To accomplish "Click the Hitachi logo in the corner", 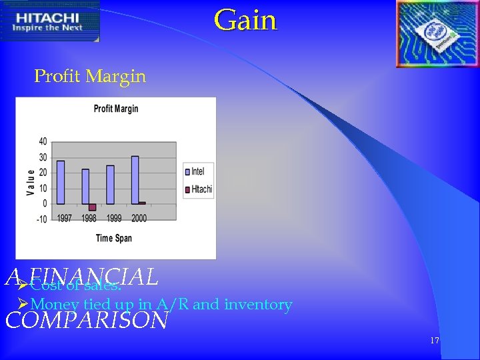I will click(x=50, y=21).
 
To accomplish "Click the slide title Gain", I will click(x=245, y=19).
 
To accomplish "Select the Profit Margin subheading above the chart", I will click(x=90, y=77).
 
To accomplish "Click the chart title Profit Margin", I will click(x=116, y=109).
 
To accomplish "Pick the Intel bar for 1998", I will click(x=85, y=186).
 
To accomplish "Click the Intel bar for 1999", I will click(x=110, y=185).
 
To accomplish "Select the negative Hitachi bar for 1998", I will click(x=93, y=207).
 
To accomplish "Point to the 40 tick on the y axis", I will click(x=43, y=141).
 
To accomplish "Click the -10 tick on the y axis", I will click(x=41, y=219).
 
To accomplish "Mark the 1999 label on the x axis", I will click(x=114, y=218).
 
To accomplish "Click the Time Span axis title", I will click(x=114, y=238).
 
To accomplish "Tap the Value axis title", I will click(x=31, y=181).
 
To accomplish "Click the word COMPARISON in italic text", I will click(x=87, y=321).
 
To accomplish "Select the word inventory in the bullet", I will click(x=258, y=305).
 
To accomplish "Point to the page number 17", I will click(x=435, y=341).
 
